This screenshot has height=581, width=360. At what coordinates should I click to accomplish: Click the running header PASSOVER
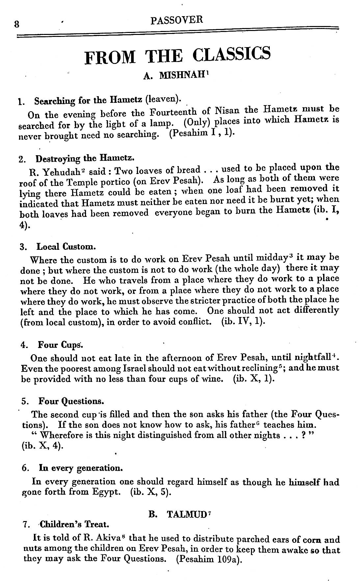(177, 20)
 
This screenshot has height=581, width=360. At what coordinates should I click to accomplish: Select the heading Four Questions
(71, 401)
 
